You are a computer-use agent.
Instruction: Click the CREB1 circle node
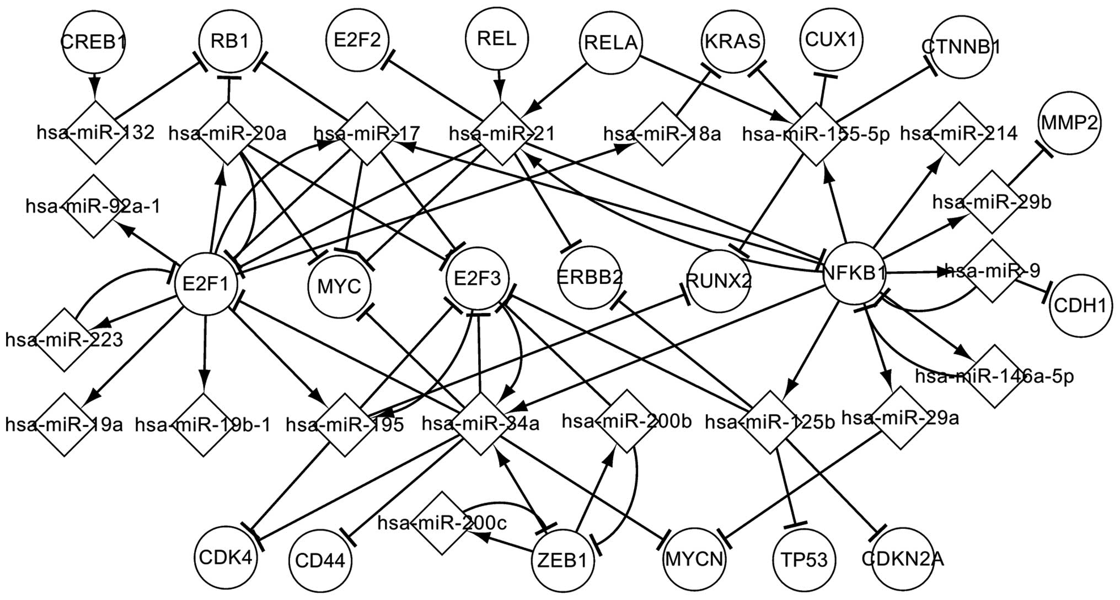pyautogui.click(x=94, y=42)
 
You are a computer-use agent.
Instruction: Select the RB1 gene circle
pyautogui.click(x=231, y=41)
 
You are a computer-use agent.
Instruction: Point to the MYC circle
pyautogui.click(x=339, y=287)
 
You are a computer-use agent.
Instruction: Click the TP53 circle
pyautogui.click(x=805, y=560)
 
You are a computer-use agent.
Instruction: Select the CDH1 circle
pyautogui.click(x=1080, y=306)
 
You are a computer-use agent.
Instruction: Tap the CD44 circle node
pyautogui.click(x=320, y=561)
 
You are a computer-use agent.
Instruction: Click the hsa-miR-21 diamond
pyautogui.click(x=501, y=133)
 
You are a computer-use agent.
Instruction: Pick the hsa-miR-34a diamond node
pyautogui.click(x=480, y=424)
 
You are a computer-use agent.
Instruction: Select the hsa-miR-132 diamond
pyautogui.click(x=95, y=133)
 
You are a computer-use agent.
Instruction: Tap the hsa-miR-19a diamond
pyautogui.click(x=65, y=425)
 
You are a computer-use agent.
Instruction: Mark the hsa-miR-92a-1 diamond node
pyautogui.click(x=93, y=207)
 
